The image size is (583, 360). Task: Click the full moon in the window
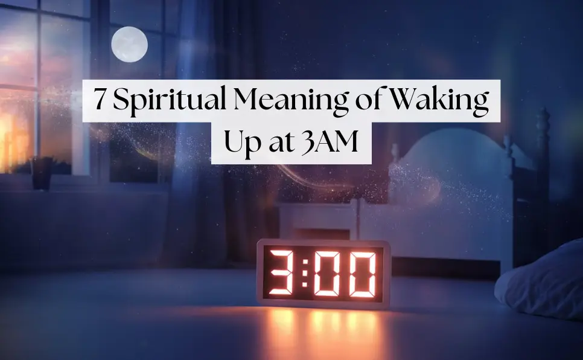pyautogui.click(x=130, y=44)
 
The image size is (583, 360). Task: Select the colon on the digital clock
pyautogui.click(x=305, y=273)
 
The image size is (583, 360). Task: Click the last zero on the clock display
pyautogui.click(x=360, y=273)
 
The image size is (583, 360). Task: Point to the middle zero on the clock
pyautogui.click(x=328, y=273)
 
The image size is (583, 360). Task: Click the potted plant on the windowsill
pyautogui.click(x=42, y=173)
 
